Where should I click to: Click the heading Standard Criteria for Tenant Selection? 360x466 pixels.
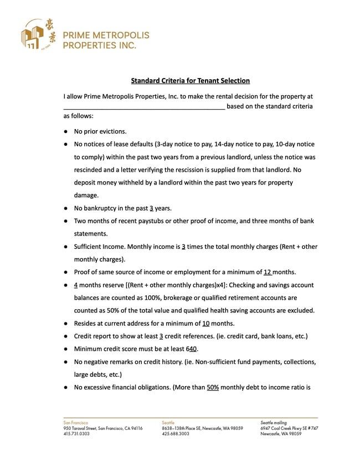tap(191, 81)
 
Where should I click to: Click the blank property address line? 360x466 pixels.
tap(144, 106)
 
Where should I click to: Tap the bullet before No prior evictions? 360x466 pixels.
tap(65, 132)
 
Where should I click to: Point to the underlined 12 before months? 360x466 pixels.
tap(268, 272)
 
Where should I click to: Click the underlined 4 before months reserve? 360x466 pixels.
tap(75, 285)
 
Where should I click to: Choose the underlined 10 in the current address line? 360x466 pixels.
tap(205, 324)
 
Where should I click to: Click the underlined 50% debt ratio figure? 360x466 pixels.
tap(213, 387)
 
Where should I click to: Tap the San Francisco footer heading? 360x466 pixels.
tap(76, 423)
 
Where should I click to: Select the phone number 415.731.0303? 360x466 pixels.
tap(76, 434)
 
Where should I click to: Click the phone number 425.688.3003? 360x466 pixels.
tap(176, 434)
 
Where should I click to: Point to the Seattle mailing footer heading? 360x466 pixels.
tap(274, 423)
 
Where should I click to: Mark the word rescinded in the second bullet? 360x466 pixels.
tap(90, 170)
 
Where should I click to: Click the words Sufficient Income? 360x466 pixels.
tap(99, 247)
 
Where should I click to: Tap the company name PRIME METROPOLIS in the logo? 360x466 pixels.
tap(106, 35)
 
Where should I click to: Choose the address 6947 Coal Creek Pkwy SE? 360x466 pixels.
tap(288, 428)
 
